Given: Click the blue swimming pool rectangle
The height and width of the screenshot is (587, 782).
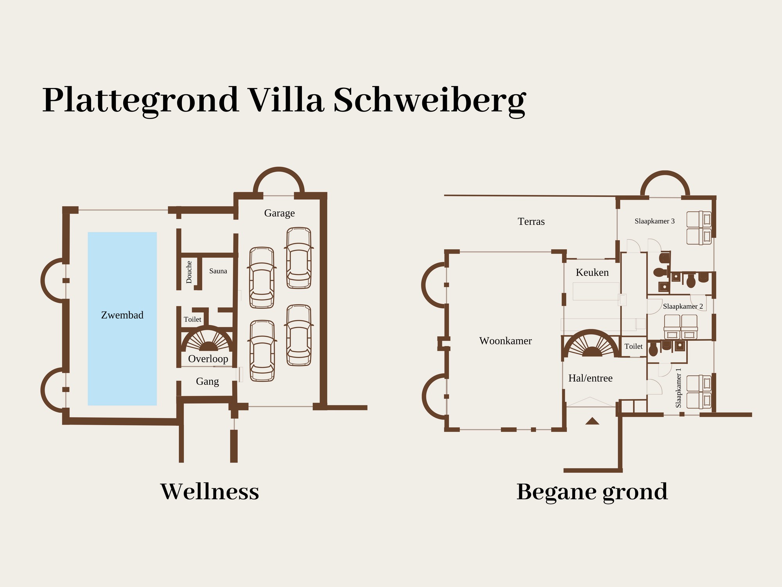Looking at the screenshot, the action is [122, 319].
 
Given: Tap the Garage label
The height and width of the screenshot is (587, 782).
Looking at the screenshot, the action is [279, 213].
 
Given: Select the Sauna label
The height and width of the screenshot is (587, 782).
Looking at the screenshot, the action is [218, 271].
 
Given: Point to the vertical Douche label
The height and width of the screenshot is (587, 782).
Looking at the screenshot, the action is [189, 272].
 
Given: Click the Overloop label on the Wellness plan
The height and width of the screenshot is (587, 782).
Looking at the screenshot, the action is [208, 359].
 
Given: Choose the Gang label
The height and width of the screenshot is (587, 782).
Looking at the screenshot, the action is [207, 382].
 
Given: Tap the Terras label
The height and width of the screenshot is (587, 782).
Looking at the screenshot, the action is [531, 221].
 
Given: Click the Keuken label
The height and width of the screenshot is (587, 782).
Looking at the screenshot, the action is [592, 272].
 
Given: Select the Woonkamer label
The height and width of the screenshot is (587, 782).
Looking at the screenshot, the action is [505, 341].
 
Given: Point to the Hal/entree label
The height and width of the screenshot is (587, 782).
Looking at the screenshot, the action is [590, 378].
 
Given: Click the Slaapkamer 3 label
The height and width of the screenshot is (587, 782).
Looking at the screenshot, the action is [655, 221].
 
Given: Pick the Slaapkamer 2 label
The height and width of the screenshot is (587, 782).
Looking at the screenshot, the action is [683, 306].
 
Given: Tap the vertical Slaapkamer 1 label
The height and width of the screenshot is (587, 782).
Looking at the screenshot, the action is [678, 388].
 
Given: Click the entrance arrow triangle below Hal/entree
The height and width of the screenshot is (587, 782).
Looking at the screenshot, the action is [592, 421].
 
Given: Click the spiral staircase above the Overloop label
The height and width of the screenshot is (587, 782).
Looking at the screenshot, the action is [208, 339].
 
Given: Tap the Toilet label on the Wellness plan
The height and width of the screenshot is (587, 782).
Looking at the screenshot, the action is [192, 319].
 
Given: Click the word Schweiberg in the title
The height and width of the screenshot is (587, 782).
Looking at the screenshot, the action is [429, 101].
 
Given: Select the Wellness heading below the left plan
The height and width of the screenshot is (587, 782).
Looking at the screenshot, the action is [210, 492].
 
